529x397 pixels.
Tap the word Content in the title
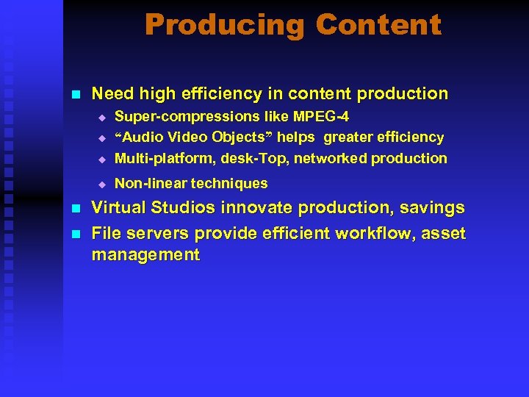coord(378,25)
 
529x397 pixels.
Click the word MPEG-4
coord(321,116)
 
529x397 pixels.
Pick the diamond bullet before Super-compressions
coord(104,117)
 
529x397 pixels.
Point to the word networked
coord(331,158)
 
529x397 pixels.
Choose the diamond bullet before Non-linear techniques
coord(104,184)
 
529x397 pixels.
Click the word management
coord(145,255)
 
